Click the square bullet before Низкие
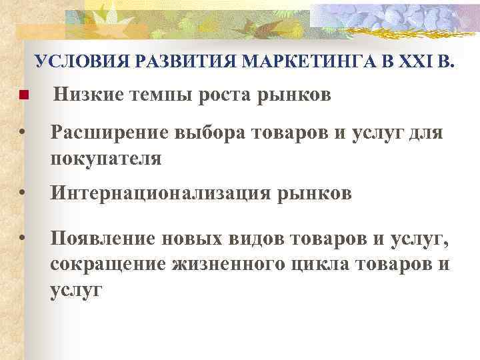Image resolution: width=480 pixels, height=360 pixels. pos(23,95)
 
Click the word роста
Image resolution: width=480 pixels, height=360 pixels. pos(226,97)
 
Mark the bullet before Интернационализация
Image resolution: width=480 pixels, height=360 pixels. pos(23,194)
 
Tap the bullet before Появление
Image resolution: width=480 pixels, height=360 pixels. pos(23,239)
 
